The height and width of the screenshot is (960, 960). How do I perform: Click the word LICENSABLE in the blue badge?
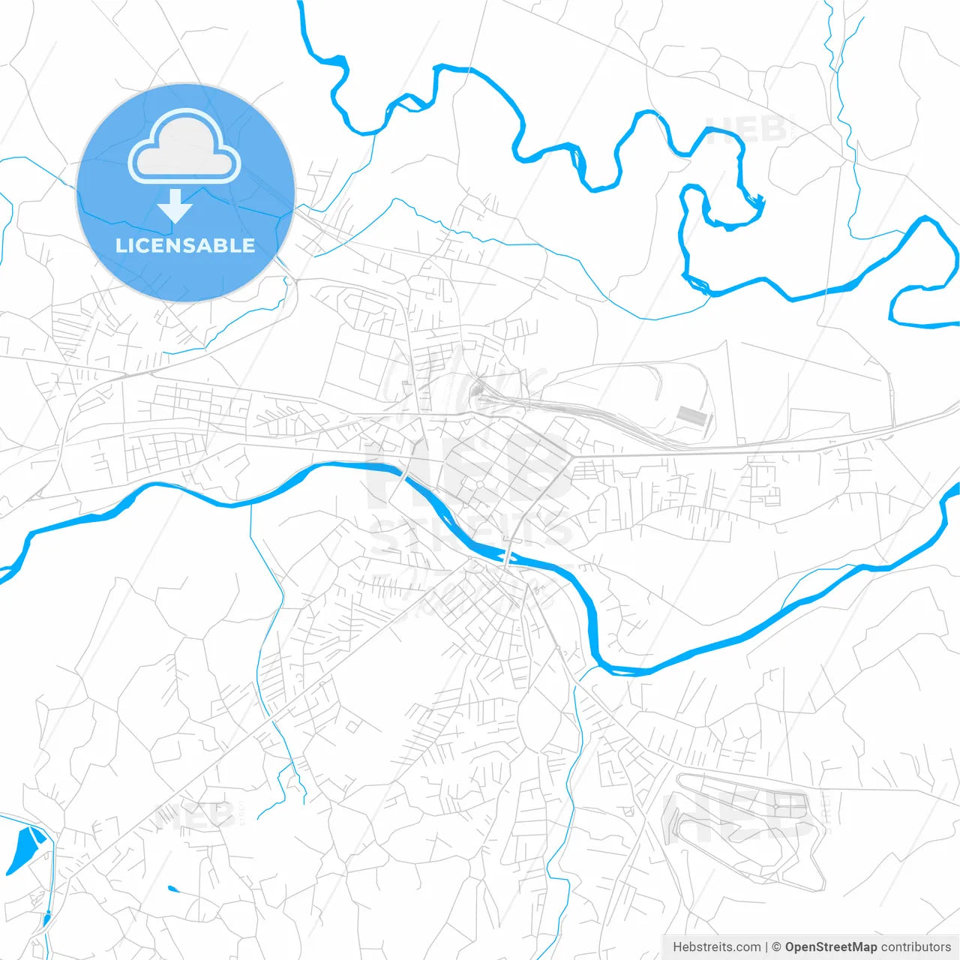(x=185, y=245)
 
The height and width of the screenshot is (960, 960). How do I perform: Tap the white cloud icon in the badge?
(x=184, y=146)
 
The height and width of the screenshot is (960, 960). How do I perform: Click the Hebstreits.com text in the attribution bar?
(x=717, y=947)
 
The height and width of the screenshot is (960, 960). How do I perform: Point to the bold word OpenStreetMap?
(x=830, y=947)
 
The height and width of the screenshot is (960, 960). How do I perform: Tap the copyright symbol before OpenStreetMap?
(x=777, y=947)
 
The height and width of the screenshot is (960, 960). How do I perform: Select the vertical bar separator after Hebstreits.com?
(x=766, y=947)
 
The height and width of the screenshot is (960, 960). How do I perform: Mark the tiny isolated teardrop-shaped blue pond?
(x=173, y=889)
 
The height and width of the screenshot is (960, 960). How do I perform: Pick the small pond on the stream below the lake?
(x=46, y=916)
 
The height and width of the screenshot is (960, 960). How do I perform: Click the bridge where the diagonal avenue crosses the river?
(x=510, y=556)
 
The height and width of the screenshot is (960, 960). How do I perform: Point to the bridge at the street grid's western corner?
(x=405, y=475)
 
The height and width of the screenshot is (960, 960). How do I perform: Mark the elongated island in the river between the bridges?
(x=491, y=553)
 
